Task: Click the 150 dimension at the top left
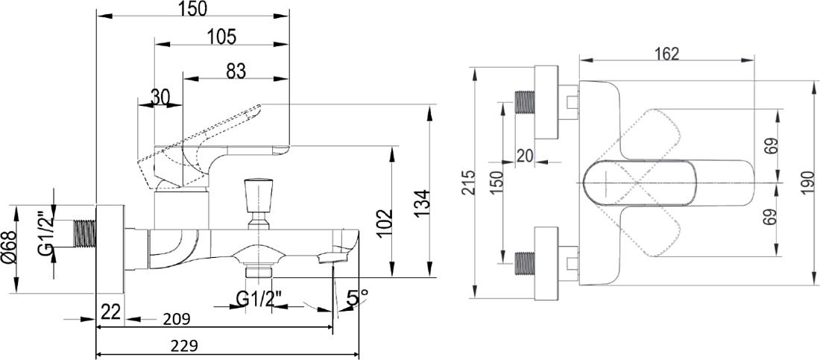pyautogui.click(x=192, y=8)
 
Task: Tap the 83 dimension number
pyautogui.click(x=236, y=71)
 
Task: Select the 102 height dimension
pyautogui.click(x=385, y=224)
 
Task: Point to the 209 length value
pyautogui.click(x=177, y=318)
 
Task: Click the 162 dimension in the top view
pyautogui.click(x=666, y=54)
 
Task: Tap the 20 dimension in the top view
pyautogui.click(x=526, y=155)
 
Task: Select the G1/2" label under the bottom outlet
pyautogui.click(x=259, y=300)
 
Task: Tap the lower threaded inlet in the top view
pyautogui.click(x=525, y=263)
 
